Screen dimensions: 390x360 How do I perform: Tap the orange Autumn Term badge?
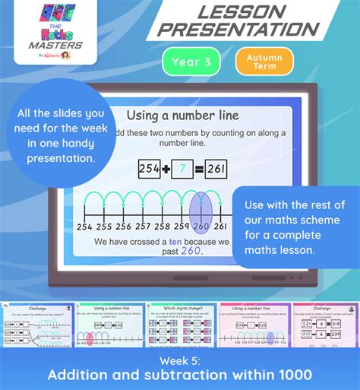click(x=264, y=62)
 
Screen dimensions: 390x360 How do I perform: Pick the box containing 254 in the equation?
click(x=150, y=170)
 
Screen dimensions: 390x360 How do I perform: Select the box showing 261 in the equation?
click(x=215, y=170)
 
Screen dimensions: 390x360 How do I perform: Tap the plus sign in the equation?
click(x=166, y=170)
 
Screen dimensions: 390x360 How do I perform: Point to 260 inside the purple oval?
click(x=201, y=227)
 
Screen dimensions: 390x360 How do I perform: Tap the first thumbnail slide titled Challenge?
click(x=36, y=323)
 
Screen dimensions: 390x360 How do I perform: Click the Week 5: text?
click(x=180, y=357)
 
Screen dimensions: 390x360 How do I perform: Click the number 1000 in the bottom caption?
click(x=291, y=374)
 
